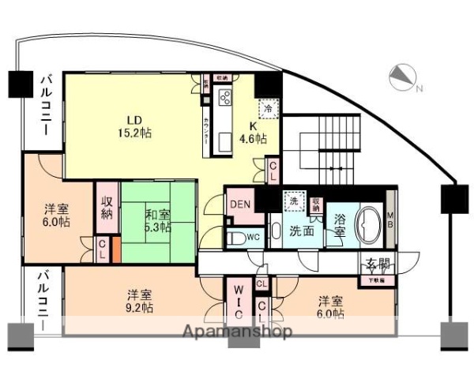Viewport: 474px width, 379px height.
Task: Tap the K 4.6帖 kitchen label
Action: click(x=253, y=133)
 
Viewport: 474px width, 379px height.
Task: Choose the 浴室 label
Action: click(x=339, y=225)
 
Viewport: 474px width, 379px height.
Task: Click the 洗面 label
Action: click(x=301, y=232)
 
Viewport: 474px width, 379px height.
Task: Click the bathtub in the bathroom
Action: click(x=368, y=225)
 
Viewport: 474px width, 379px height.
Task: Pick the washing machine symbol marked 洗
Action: click(x=294, y=202)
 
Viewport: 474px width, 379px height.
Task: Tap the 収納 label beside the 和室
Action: click(x=107, y=206)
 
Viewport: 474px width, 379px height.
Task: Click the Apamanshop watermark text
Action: click(x=237, y=332)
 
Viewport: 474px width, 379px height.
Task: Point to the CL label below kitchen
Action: click(x=273, y=171)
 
